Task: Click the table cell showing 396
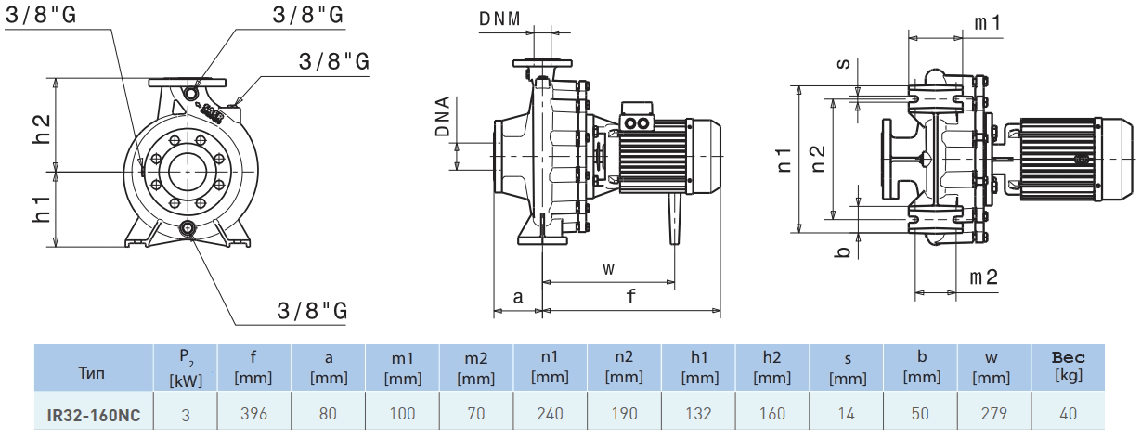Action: click(253, 414)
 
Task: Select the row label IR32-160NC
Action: click(94, 415)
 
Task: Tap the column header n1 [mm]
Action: click(550, 367)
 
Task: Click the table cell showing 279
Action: click(992, 414)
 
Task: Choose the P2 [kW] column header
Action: click(185, 368)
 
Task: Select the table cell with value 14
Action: click(847, 414)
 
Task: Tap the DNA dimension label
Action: click(443, 117)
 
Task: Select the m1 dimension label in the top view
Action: click(987, 21)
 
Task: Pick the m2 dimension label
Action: click(983, 277)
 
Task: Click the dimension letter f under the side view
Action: click(631, 297)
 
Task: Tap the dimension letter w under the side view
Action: click(608, 268)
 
